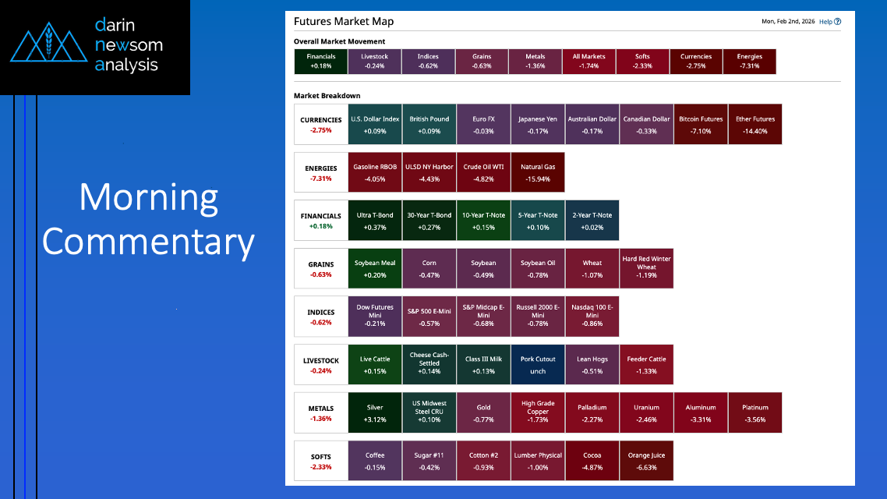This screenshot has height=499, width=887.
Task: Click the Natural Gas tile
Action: pos(537,172)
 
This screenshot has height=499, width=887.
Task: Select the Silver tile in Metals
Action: pos(374,413)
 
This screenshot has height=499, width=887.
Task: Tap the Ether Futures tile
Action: pos(754,125)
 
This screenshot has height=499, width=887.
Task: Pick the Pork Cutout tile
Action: pos(537,365)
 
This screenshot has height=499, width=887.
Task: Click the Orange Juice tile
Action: pos(646,461)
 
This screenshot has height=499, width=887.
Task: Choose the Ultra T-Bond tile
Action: pos(374,221)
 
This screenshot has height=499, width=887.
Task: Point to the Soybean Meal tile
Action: pos(374,269)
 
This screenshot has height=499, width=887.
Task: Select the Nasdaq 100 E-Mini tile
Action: pos(592,317)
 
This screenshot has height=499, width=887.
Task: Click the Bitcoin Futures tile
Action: pos(700,125)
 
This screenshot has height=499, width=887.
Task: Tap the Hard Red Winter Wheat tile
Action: pos(646,269)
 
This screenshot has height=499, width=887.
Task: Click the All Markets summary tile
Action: pos(589,62)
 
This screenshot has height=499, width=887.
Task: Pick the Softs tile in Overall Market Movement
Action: pos(642,62)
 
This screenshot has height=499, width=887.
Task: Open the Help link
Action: pos(830,22)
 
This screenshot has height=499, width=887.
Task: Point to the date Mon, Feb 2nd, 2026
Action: pos(788,22)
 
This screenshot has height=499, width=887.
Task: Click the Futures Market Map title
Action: pos(344,22)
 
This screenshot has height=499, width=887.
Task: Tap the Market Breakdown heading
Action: pos(327,96)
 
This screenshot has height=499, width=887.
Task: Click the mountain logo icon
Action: pos(48,42)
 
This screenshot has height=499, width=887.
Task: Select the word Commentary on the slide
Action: pos(148,242)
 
